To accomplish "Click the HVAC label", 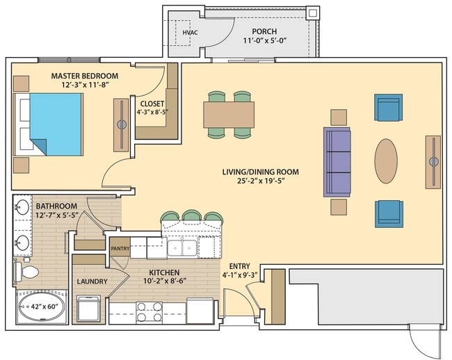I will (188, 32).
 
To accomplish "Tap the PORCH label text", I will (265, 31).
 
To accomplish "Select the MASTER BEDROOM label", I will (85, 75).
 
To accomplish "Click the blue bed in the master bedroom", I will (57, 124).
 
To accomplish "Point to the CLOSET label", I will (152, 104).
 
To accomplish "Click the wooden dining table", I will (229, 114).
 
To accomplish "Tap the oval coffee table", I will (386, 161).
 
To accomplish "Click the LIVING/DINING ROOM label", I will (260, 172).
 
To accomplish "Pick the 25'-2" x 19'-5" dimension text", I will (260, 181).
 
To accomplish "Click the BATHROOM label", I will (56, 206).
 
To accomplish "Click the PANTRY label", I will (120, 246).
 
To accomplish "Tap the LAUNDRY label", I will (92, 281).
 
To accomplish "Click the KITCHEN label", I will (164, 272).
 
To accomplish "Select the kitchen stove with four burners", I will (150, 311).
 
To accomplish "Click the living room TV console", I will (433, 161).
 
